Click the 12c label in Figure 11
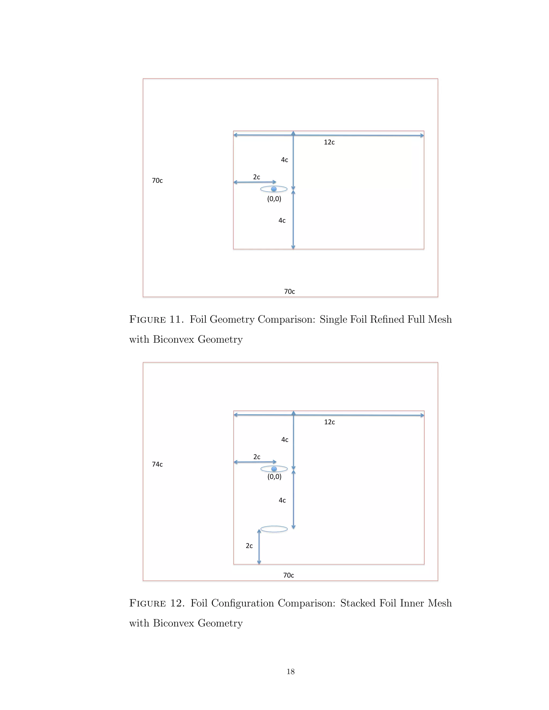(329, 142)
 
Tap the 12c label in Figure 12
(329, 422)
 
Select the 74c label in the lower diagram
(157, 464)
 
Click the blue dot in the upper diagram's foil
(274, 189)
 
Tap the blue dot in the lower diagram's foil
(274, 469)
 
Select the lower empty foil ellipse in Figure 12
(274, 529)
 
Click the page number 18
(290, 672)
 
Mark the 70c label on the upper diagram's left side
(157, 180)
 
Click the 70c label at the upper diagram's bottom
(290, 292)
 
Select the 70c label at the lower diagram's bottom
(288, 576)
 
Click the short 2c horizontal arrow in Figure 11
(255, 182)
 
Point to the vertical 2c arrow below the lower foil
(259, 547)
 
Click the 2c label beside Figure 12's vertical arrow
(249, 546)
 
